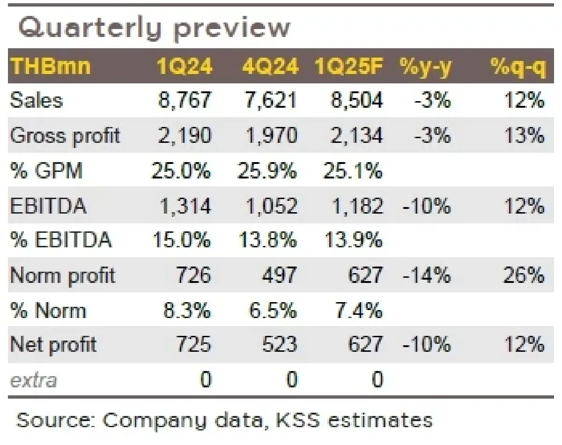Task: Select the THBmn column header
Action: [x=50, y=67]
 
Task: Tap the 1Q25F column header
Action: [x=349, y=67]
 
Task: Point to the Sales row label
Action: [x=36, y=101]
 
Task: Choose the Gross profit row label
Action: [x=65, y=136]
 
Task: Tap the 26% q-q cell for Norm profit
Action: [x=524, y=275]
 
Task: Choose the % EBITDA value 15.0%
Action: [x=181, y=240]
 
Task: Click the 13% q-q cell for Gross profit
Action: [x=524, y=136]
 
